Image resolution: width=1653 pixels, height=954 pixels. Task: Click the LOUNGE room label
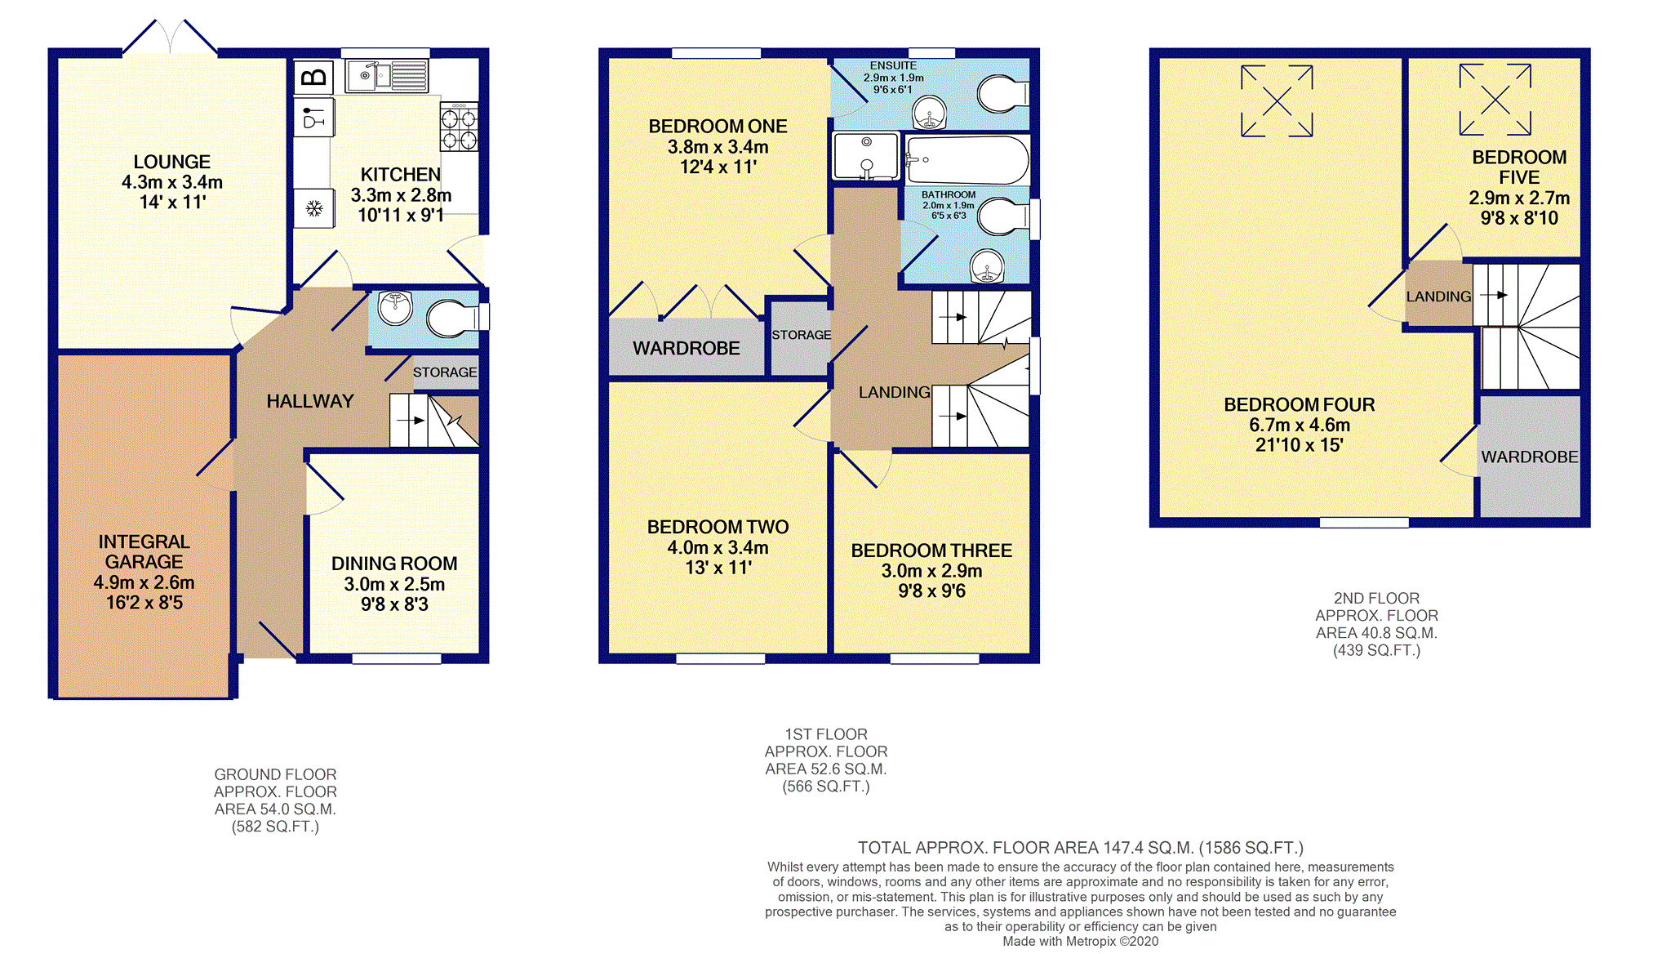[172, 162]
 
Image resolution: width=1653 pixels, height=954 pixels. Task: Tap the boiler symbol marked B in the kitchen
[313, 78]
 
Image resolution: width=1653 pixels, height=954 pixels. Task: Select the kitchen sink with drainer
[386, 76]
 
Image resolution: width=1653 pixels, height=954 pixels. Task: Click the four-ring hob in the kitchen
[459, 127]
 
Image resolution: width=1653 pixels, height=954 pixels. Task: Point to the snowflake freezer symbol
[314, 209]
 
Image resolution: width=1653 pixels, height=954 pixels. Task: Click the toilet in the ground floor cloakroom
[454, 318]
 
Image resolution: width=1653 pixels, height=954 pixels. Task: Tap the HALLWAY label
[310, 401]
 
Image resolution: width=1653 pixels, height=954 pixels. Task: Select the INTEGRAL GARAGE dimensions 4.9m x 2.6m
[144, 582]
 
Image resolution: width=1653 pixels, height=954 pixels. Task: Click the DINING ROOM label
[394, 564]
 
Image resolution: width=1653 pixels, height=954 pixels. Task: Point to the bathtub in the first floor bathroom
[967, 159]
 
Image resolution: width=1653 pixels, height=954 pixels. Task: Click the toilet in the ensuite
[1002, 95]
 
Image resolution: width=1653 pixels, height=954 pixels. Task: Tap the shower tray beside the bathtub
[866, 156]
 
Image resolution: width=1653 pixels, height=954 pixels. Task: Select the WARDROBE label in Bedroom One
[687, 348]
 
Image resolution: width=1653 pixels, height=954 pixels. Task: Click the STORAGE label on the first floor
[802, 335]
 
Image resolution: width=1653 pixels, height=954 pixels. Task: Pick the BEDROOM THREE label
[931, 551]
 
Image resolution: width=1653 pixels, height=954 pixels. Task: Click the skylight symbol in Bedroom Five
[1495, 100]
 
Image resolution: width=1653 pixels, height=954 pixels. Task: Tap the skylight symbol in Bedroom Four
[1277, 101]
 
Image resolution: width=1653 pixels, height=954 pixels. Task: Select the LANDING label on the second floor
[1438, 296]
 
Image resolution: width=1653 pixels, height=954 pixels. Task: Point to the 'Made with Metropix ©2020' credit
[1081, 941]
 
